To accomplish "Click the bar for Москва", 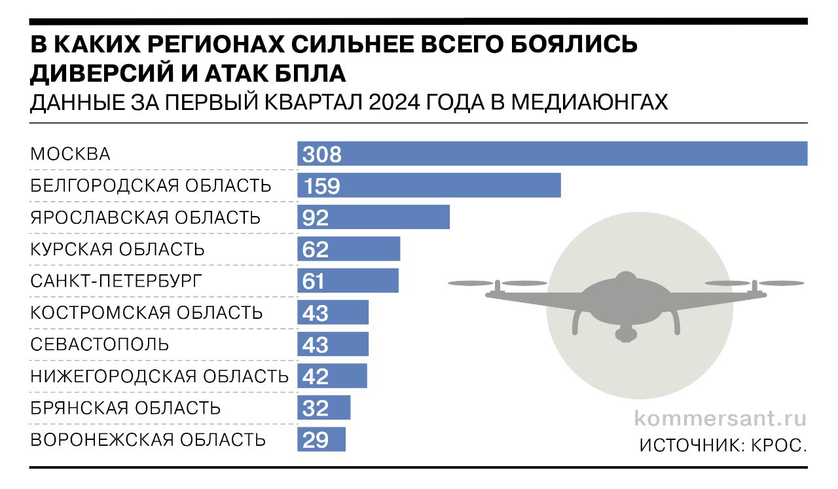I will click(552, 154).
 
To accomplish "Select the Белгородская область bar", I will click(429, 185).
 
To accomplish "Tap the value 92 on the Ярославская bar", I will click(316, 217).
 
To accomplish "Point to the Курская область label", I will click(118, 249).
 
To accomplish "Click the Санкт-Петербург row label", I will click(117, 281).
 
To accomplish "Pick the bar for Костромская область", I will click(333, 312).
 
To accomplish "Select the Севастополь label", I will click(100, 344).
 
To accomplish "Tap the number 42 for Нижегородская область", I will click(316, 376).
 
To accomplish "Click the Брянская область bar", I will click(324, 408).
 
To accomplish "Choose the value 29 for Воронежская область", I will click(316, 440).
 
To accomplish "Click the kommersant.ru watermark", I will click(721, 418).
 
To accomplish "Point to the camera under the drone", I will click(626, 334).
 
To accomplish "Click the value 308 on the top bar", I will click(322, 154).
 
